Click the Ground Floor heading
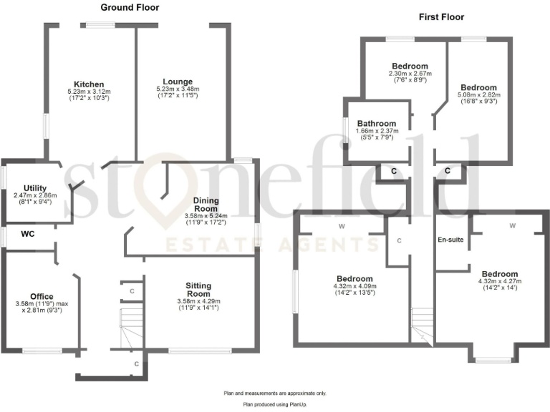130,8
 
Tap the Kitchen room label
89,84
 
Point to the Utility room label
35,187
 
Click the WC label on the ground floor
28,233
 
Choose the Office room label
42,296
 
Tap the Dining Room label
211,204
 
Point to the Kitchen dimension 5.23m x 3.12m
89,92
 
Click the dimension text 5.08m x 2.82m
479,94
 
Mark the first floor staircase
422,326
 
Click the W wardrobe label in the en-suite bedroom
512,226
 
